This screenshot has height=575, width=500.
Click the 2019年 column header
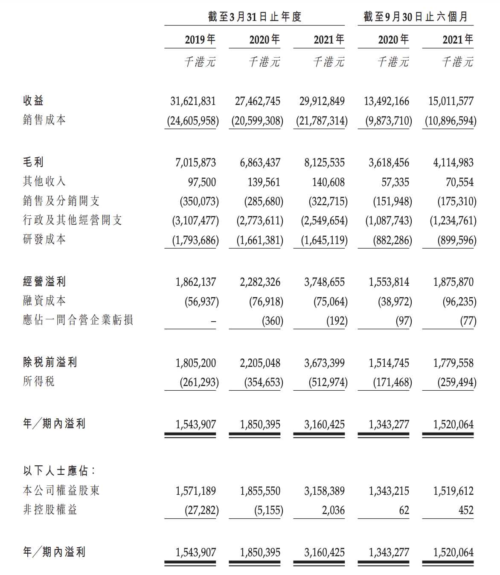[x=200, y=40]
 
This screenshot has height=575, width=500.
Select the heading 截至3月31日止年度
[x=255, y=17]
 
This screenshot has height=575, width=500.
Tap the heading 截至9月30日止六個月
[x=416, y=17]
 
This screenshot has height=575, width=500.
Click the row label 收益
[x=33, y=101]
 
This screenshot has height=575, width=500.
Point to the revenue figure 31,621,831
[x=193, y=101]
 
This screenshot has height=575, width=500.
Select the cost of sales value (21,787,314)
[x=322, y=121]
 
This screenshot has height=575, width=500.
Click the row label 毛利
[x=33, y=162]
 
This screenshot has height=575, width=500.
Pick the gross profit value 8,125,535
[x=324, y=163]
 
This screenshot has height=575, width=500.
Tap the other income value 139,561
[x=264, y=182]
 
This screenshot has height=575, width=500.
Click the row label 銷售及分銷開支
[x=61, y=201]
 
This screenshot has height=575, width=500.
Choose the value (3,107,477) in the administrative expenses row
[x=195, y=221]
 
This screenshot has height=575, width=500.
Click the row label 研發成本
[x=44, y=239]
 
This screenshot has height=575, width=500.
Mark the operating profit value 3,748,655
[x=324, y=282]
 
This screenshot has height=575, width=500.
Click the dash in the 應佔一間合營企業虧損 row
[x=213, y=322]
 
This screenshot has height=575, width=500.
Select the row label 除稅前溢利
[x=50, y=363]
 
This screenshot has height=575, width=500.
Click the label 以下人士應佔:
[x=59, y=471]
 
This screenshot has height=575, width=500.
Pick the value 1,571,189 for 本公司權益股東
[x=195, y=491]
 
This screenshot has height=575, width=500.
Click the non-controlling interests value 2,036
[x=333, y=510]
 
